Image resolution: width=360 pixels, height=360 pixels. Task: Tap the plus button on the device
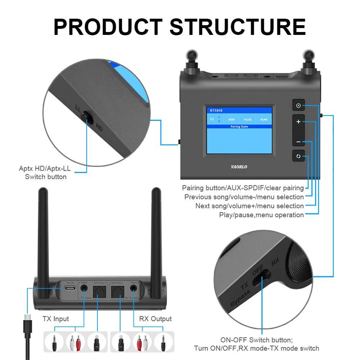tap(298, 122)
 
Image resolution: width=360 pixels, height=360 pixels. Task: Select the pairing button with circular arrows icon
tap(298, 156)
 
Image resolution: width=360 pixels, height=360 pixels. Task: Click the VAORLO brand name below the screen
tap(239, 167)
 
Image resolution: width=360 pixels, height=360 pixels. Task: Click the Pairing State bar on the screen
tap(239, 127)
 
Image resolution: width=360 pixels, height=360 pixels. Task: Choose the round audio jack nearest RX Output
tap(134, 288)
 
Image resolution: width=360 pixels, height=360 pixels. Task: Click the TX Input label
tap(56, 319)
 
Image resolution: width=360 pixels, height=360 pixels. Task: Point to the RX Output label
tap(155, 319)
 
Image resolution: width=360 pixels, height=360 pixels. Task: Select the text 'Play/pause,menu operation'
tap(261, 215)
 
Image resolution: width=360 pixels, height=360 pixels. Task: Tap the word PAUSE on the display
tap(247, 120)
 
